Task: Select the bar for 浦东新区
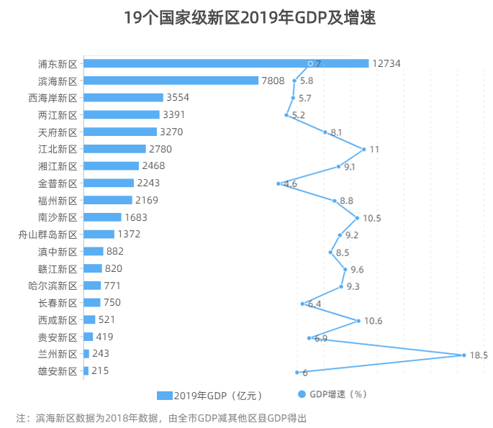pos(226,63)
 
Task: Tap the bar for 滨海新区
pos(171,81)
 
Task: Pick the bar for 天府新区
pos(120,132)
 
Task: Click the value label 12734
pos(386,63)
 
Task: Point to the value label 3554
pos(178,98)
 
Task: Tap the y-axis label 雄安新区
pos(58,371)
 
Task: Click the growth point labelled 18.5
pos(463,355)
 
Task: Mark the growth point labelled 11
pos(363,149)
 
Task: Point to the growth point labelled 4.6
pos(278,183)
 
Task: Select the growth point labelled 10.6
pos(359,320)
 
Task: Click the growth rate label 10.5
pos(372,218)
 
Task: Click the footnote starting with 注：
pos(161,417)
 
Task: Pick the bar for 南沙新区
pos(102,217)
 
